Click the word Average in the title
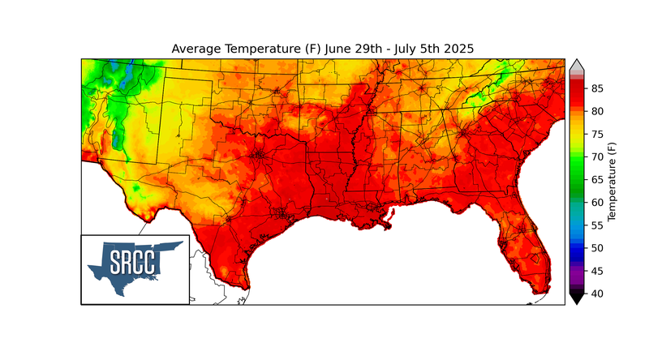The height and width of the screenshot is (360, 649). tap(198, 49)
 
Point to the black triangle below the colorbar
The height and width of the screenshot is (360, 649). tap(576, 299)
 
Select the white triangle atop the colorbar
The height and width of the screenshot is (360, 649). tap(576, 65)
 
